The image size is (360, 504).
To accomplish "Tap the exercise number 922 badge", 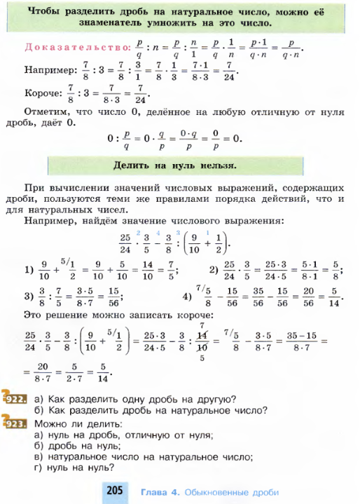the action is click(x=14, y=399).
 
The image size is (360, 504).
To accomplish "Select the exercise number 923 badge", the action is click(x=14, y=423).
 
